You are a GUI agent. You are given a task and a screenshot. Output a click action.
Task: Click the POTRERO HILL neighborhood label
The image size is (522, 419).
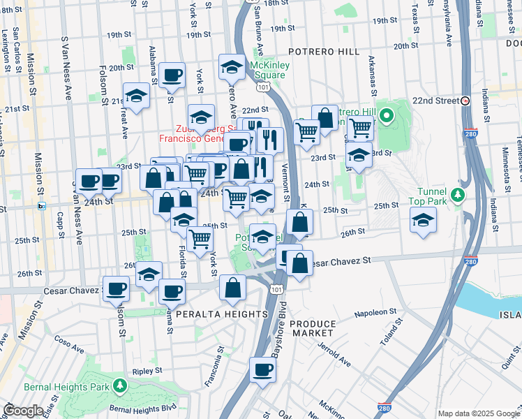click(324, 52)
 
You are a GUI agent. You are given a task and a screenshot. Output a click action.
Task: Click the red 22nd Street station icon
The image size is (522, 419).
click(465, 100)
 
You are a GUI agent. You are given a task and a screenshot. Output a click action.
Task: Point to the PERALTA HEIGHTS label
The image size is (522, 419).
click(211, 315)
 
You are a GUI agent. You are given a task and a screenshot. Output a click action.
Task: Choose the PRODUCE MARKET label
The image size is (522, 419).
click(313, 328)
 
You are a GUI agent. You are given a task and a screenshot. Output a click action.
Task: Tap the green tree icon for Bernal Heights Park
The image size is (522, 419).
click(120, 385)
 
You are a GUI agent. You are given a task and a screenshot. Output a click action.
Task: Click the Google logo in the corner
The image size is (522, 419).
click(22, 410)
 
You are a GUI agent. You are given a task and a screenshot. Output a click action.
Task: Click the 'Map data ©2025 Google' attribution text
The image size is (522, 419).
click(478, 413)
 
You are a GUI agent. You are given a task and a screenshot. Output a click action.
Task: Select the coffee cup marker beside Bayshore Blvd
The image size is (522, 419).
click(262, 370)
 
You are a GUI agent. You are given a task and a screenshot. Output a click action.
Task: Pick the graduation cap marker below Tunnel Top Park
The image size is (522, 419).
click(423, 221)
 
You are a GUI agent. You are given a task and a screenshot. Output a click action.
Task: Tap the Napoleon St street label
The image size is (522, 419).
click(375, 314)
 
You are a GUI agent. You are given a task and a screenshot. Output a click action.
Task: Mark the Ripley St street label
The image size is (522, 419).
click(149, 370)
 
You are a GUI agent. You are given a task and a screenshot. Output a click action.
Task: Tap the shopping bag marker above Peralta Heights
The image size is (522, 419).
click(233, 287)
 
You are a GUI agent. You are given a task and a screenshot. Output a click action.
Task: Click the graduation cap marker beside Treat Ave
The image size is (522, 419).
click(137, 96)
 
